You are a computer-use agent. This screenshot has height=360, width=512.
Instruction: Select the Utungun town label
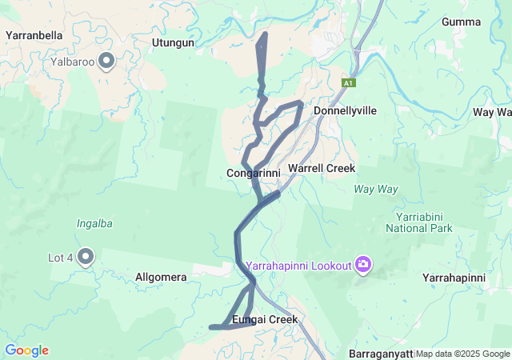[173, 42]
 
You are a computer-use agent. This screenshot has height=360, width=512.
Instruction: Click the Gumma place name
[462, 22]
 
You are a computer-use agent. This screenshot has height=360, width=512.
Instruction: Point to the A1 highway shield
[348, 82]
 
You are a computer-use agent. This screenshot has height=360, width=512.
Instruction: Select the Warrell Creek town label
[321, 169]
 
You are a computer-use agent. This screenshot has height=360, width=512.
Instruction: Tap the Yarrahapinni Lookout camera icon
[363, 264]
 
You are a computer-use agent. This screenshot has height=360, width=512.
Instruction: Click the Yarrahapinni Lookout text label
[297, 265]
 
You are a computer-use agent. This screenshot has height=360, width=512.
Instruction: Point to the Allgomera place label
[161, 278]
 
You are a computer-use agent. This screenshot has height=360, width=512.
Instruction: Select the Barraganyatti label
[382, 354]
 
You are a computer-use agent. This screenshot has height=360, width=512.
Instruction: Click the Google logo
[26, 350]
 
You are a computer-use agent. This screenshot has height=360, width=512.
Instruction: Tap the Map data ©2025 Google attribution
[462, 354]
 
